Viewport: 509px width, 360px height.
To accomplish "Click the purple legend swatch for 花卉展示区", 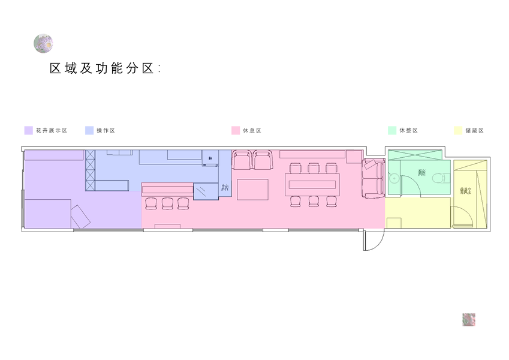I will point(28,130).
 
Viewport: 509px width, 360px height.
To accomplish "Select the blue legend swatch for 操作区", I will point(89,130).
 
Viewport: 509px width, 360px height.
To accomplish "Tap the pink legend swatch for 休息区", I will point(236,130).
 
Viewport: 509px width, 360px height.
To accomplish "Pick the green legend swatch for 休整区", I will point(392,130).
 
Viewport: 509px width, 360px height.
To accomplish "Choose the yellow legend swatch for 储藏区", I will point(458,130).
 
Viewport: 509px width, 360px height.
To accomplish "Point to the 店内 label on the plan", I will point(225,188).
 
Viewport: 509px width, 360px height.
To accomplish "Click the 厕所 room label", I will point(422,173).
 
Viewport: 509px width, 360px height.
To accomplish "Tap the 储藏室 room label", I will point(465,191).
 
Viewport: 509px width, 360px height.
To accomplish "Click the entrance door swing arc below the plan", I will point(373,241).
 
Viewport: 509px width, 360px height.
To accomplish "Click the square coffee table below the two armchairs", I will point(253,189).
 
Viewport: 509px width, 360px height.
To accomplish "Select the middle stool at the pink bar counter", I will point(167,203).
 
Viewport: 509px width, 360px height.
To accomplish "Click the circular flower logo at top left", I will point(43,43).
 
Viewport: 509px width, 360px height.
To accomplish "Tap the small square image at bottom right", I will point(469,319).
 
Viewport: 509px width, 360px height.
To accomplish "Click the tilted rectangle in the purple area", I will point(81,216).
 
